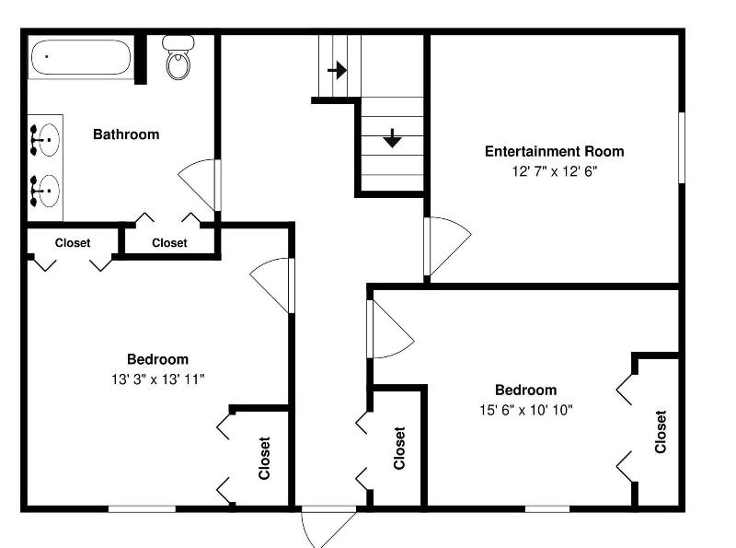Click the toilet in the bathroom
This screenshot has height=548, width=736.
pos(178,57)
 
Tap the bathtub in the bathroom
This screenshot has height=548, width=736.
pos(81,57)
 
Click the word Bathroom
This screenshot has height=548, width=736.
pos(126,134)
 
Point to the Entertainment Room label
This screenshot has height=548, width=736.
pos(555,151)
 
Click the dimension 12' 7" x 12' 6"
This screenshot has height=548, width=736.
pos(555,171)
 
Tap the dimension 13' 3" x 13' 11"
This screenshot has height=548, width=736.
pos(157,379)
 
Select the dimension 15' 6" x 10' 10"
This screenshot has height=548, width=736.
pos(525,410)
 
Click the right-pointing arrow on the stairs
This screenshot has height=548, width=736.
pos(338,71)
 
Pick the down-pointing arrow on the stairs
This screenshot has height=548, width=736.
pos(392,138)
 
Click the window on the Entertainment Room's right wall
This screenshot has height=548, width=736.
pos(682,147)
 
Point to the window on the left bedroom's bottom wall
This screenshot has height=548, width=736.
pos(142,508)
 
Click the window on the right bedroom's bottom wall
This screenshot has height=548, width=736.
pos(547,508)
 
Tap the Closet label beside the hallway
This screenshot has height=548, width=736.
pos(399,448)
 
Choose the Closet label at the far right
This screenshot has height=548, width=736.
pos(661,431)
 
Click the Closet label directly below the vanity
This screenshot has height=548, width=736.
pos(73,243)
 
